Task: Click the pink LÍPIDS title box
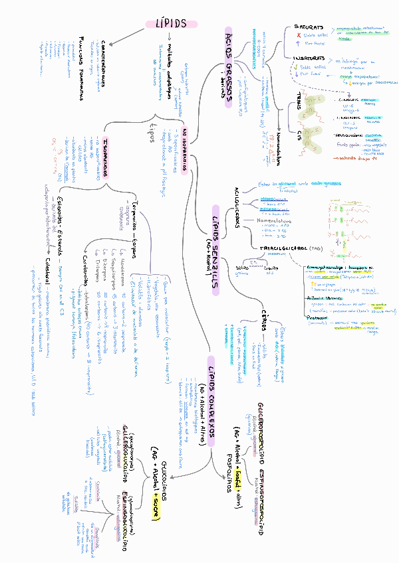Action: tap(171, 23)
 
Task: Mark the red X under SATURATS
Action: tap(298, 35)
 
